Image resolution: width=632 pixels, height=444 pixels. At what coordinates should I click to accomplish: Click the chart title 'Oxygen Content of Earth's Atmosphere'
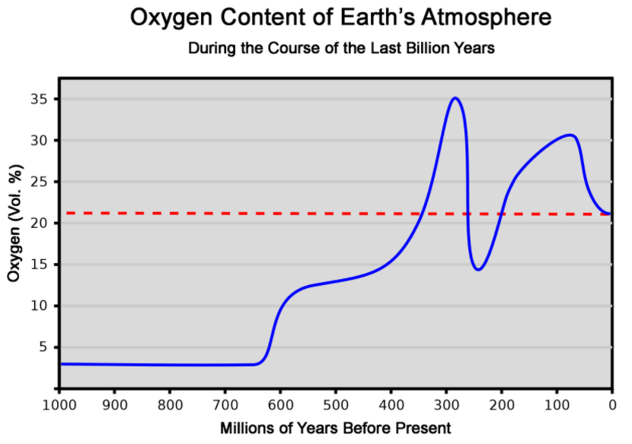tap(340, 17)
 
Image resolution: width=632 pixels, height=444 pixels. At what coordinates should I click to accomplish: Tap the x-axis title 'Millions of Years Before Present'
tap(336, 428)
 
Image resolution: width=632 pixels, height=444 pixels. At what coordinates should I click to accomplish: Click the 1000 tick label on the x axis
tap(59, 402)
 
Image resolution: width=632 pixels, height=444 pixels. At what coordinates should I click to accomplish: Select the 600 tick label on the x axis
tap(280, 402)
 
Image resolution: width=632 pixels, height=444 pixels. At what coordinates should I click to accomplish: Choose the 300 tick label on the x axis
tap(446, 402)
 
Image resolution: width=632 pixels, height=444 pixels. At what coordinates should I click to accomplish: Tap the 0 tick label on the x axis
tap(612, 402)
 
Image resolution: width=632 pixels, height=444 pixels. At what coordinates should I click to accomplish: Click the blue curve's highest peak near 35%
tap(455, 98)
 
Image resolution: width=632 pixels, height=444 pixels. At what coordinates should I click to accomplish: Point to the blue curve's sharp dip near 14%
tap(477, 269)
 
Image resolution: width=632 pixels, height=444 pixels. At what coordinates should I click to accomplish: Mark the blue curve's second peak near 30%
tap(570, 135)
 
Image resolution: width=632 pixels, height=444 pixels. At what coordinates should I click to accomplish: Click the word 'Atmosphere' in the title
tap(481, 17)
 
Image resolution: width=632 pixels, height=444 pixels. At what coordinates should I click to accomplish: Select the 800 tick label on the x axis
tap(170, 402)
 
